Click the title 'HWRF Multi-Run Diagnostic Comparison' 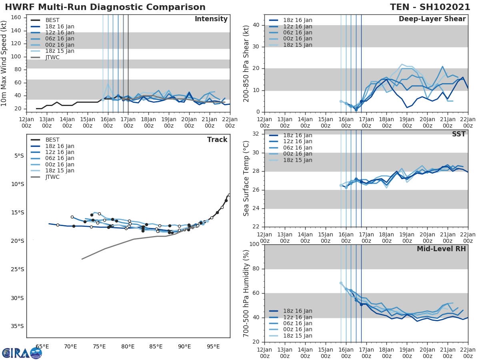105,7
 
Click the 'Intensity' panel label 211,19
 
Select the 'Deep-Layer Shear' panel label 432,19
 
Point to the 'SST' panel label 458,134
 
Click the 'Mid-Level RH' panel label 441,249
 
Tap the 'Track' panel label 217,140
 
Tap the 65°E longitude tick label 42,346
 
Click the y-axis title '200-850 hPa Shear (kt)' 246,63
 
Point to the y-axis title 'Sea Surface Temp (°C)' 246,178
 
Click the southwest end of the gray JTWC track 82,259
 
